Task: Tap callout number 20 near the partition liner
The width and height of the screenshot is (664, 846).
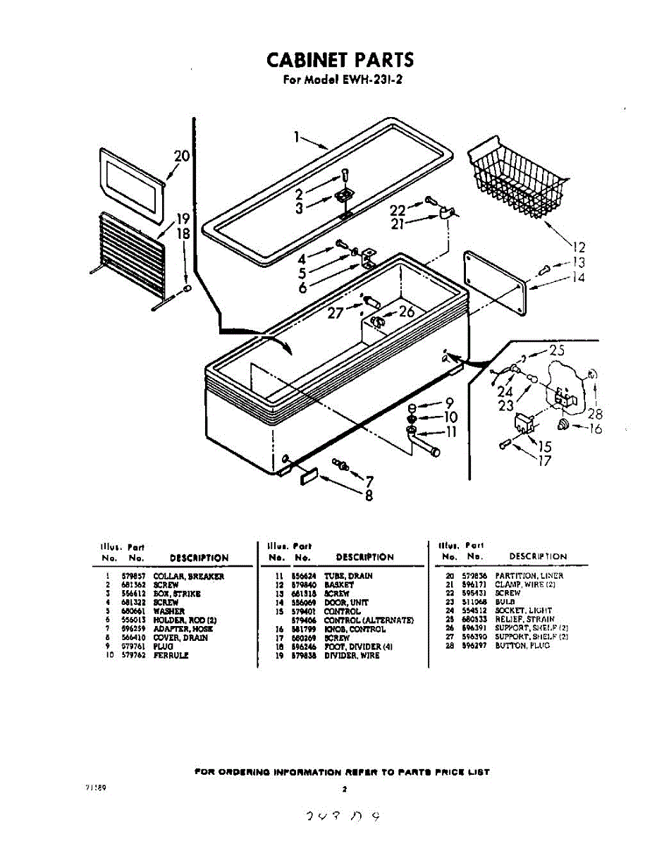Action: click(182, 157)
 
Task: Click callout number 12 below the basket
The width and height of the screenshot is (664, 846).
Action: click(579, 247)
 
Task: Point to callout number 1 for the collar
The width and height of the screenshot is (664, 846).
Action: click(299, 137)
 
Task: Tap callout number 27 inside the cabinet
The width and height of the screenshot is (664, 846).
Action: click(336, 314)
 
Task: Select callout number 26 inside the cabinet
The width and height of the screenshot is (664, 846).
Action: click(407, 311)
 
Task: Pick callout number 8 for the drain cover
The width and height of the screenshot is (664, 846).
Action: click(368, 496)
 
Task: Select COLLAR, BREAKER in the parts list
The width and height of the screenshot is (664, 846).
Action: click(188, 577)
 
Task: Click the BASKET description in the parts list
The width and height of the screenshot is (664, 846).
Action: click(339, 585)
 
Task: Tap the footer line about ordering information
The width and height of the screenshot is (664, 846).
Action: click(341, 772)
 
